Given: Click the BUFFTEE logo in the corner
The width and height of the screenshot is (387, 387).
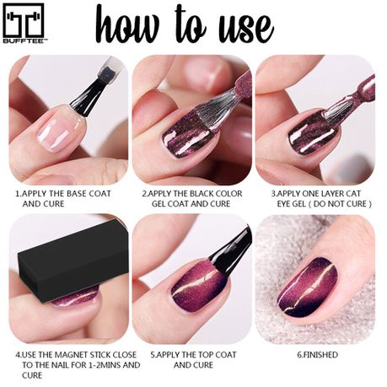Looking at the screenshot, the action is [x=24, y=24].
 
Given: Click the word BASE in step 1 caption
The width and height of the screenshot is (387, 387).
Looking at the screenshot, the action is [x=77, y=194].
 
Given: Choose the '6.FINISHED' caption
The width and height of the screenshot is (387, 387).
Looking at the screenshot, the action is [x=317, y=355].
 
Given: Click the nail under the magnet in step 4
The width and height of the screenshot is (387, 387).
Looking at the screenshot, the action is [x=73, y=300].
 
